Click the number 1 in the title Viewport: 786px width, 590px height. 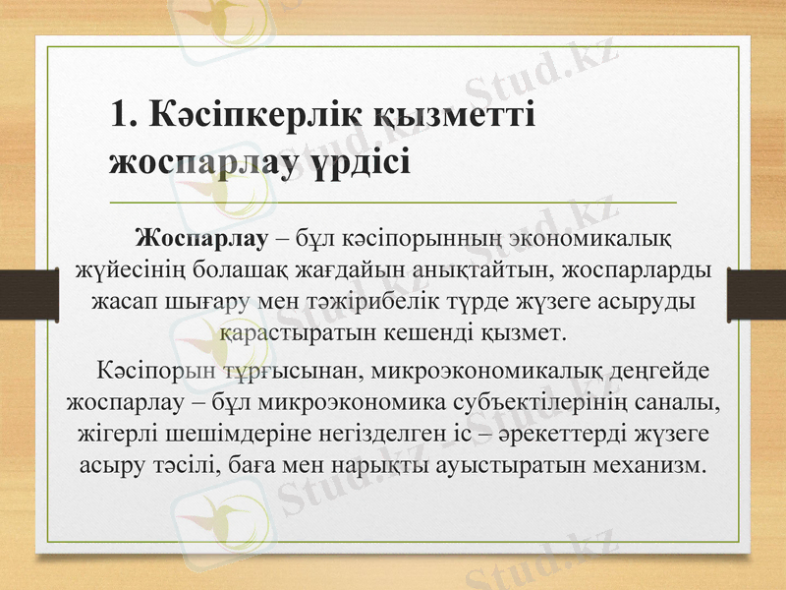(x=120, y=116)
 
